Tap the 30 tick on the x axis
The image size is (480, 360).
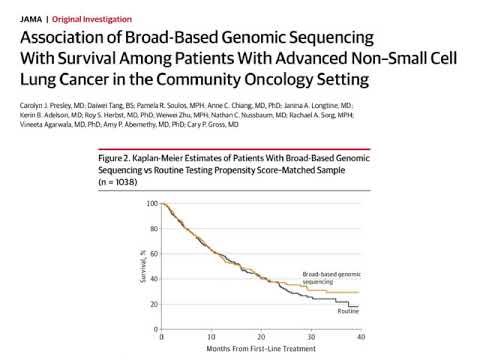pos(310,337)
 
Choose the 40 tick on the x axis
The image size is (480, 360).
pos(359,337)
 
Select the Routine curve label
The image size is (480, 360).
pos(346,313)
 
